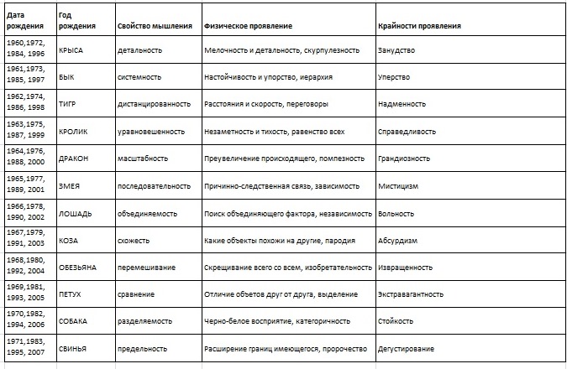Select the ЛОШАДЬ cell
tap(76, 213)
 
